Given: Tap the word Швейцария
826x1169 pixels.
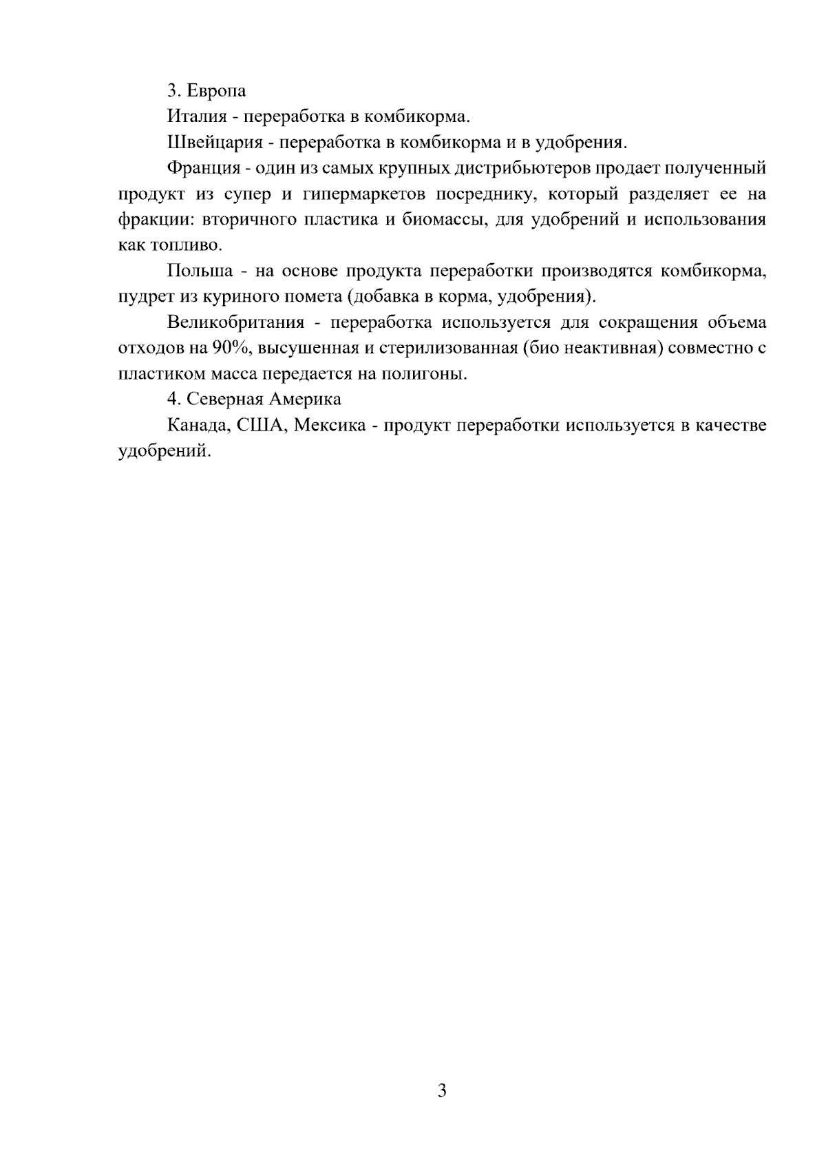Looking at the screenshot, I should (x=211, y=143).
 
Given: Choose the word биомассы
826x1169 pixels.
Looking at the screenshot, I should (x=431, y=220).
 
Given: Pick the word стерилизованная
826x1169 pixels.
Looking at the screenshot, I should (x=447, y=349).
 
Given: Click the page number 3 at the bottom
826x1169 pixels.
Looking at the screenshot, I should (x=441, y=1090).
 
